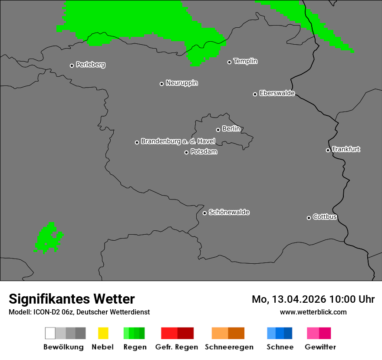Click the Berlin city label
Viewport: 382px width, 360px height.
pos(231,129)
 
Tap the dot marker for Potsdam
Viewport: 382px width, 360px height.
pos(187,152)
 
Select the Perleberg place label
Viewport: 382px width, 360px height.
pos(90,65)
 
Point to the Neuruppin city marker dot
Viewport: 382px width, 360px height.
pos(161,84)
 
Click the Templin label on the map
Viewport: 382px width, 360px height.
pos(245,61)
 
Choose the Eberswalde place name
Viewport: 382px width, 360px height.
pos(277,93)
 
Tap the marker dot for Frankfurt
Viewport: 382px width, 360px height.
pos(328,150)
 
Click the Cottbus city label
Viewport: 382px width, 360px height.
pos(325,217)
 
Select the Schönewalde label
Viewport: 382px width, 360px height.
pos(229,212)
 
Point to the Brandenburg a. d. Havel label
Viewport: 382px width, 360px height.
pos(178,141)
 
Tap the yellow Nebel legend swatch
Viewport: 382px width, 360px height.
pos(103,333)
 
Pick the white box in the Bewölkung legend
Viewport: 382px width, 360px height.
pos(50,333)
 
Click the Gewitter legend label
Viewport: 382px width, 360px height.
pos(320,347)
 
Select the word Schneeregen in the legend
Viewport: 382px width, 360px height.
pos(229,347)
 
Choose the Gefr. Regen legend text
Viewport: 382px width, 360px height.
pos(176,347)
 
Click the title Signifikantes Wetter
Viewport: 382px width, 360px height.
pos(72,299)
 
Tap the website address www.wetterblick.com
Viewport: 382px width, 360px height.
pos(313,312)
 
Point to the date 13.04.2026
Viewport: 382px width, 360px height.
pos(299,299)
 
